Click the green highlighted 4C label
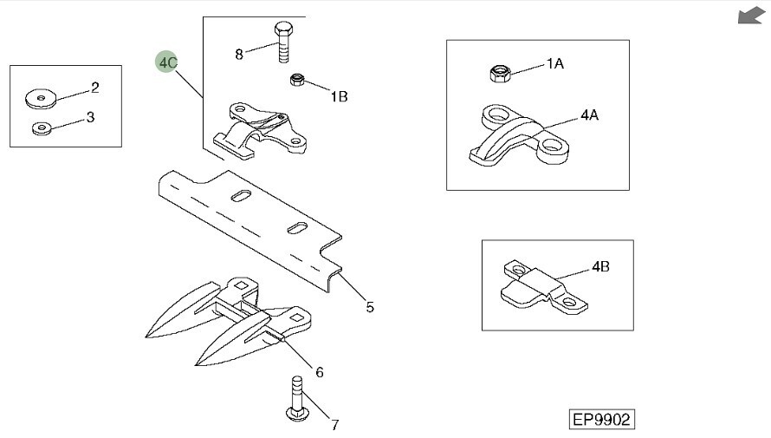pos(168,62)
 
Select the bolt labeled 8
pos(283,42)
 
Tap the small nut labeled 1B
pos(295,81)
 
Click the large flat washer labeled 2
pos(40,98)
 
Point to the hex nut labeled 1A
pos(500,74)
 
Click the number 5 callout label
pos(370,306)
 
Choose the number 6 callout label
pos(319,372)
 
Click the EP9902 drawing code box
pos(601,419)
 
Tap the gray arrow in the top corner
pos(749,16)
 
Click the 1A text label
pos(555,64)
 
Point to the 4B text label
pos(601,267)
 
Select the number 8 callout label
pos(239,54)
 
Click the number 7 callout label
pos(334,425)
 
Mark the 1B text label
pos(339,96)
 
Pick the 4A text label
pos(590,114)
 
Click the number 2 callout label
pos(95,88)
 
